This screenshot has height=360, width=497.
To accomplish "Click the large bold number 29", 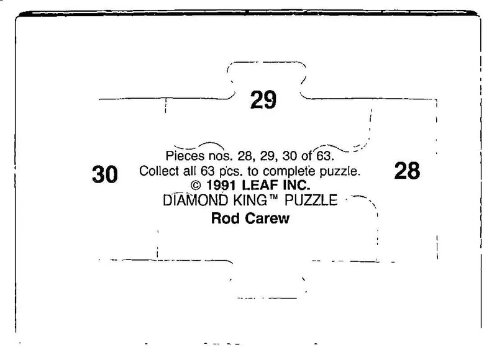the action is pyautogui.click(x=263, y=100).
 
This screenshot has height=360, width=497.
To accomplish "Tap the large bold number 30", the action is pyautogui.click(x=105, y=174).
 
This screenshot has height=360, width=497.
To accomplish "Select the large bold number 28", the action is pyautogui.click(x=408, y=170).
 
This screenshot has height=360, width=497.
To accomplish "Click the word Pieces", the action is pyautogui.click(x=185, y=156).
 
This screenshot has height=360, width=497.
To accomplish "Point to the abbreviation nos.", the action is pyautogui.click(x=221, y=156).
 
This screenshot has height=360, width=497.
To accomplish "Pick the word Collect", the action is pyautogui.click(x=159, y=171).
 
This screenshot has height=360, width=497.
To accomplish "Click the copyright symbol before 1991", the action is pyautogui.click(x=196, y=185).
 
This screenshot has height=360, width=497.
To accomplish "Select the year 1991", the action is pyautogui.click(x=222, y=185).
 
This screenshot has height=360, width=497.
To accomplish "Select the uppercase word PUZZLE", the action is pyautogui.click(x=311, y=200).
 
